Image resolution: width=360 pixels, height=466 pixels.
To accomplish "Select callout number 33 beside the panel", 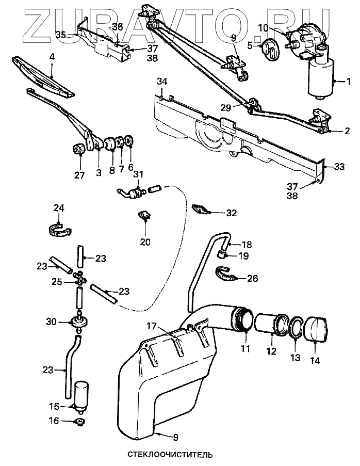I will click(339, 166).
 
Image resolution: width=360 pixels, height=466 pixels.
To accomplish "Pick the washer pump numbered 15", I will click(81, 396).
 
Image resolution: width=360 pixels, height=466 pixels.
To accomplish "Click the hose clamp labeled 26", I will click(225, 274).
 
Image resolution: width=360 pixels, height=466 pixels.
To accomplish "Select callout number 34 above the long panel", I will click(162, 82).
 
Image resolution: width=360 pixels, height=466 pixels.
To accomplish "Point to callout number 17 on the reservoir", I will click(150, 326).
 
